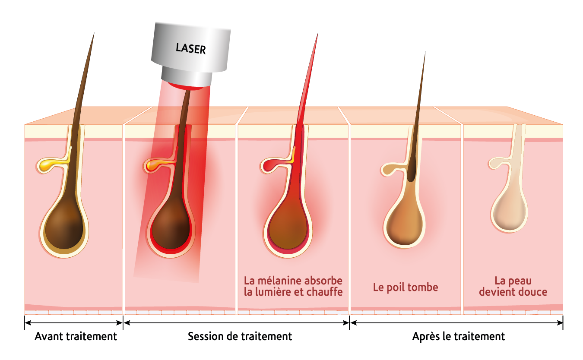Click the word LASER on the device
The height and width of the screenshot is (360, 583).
[190, 48]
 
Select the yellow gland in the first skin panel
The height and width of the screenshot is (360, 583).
[48, 164]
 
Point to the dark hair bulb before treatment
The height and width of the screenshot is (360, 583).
[64, 229]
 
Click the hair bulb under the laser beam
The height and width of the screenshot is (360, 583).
[171, 229]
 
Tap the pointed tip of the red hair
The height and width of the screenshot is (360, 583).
[317, 36]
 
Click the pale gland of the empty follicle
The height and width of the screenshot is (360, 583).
[497, 163]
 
